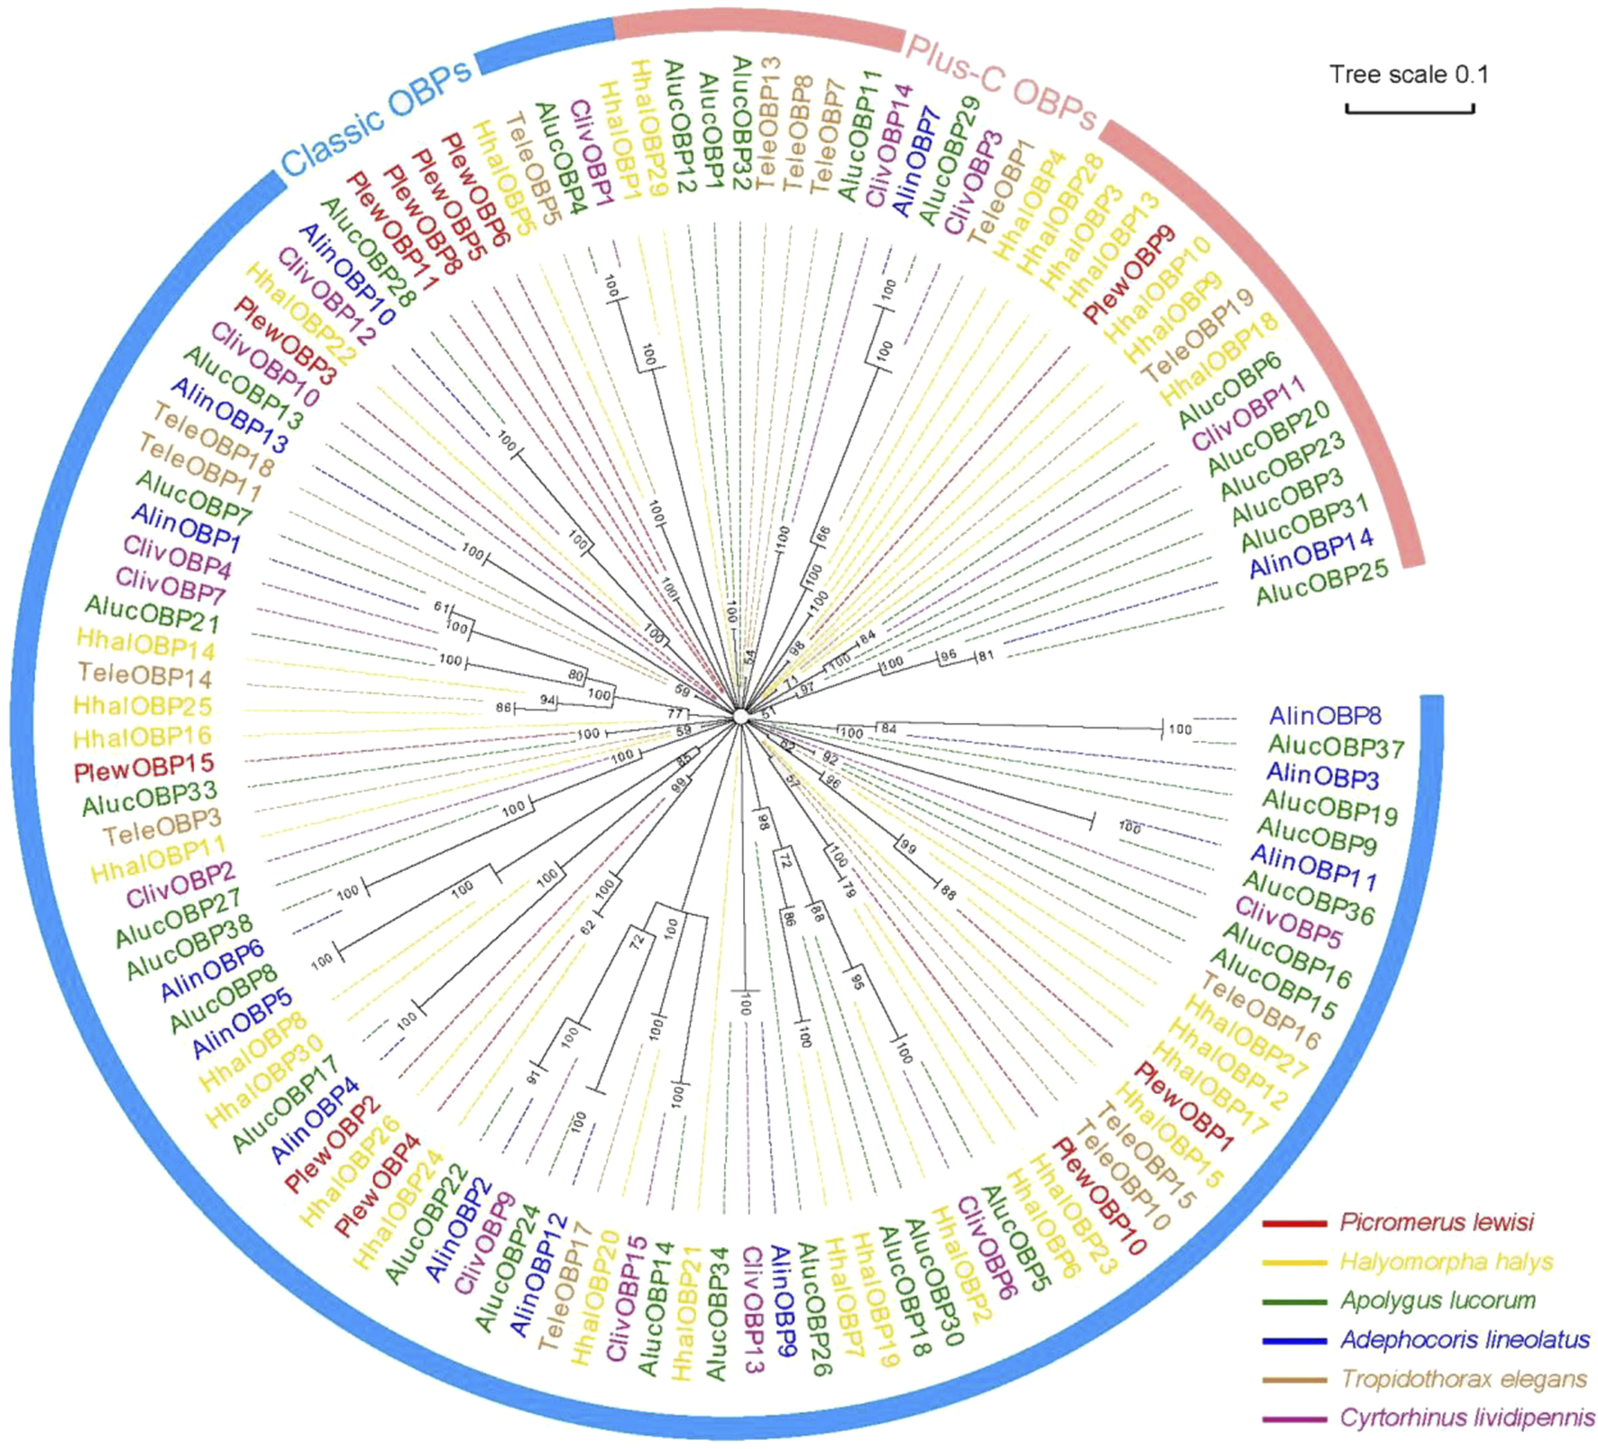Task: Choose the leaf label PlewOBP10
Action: (x=1100, y=1196)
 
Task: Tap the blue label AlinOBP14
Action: (x=1310, y=553)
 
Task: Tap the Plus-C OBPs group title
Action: (x=1001, y=83)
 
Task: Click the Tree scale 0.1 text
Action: (x=1409, y=74)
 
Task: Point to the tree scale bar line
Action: (x=1410, y=110)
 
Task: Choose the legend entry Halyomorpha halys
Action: (x=1445, y=1261)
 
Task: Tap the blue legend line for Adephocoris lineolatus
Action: (x=1294, y=1341)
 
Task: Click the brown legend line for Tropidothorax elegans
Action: (x=1294, y=1380)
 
